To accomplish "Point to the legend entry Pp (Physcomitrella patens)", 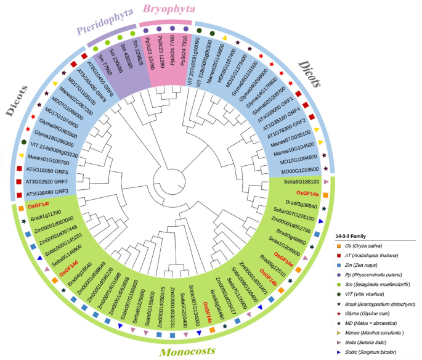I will point(378,276).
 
